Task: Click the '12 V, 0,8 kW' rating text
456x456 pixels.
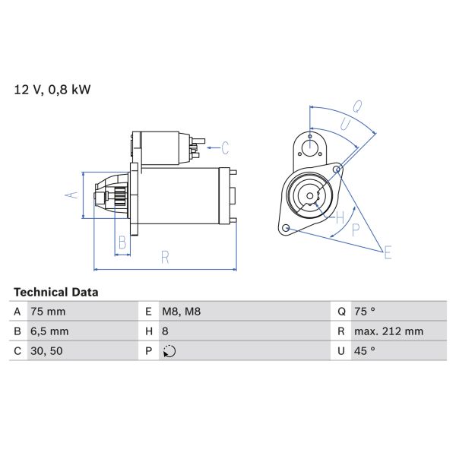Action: click(52, 90)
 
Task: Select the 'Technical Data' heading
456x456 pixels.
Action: click(55, 292)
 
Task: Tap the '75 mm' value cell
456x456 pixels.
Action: click(47, 312)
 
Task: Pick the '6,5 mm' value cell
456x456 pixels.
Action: click(49, 331)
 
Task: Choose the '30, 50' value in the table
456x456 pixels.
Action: click(47, 351)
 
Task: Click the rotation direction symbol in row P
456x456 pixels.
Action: click(169, 351)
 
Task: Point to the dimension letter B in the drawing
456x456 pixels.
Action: click(122, 243)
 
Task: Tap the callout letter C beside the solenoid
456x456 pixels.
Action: click(225, 147)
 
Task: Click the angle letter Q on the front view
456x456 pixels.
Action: click(356, 106)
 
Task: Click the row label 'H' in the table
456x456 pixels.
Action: click(146, 331)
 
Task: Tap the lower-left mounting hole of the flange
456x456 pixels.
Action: click(285, 228)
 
